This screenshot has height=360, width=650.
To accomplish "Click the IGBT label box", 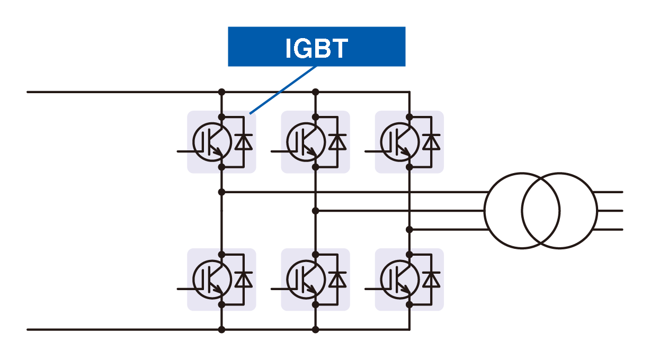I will pyautogui.click(x=316, y=47).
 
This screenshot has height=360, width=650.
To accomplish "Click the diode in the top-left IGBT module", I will pyautogui.click(x=243, y=142).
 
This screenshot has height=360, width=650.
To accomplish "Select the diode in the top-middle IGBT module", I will pyautogui.click(x=337, y=142).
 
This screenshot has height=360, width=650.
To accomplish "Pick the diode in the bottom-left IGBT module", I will pyautogui.click(x=243, y=280).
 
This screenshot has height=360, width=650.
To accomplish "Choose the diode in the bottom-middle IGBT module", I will pyautogui.click(x=337, y=280).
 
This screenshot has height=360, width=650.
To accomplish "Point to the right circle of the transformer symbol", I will pyautogui.click(x=559, y=211).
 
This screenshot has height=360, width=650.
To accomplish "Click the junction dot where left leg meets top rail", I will pyautogui.click(x=222, y=92).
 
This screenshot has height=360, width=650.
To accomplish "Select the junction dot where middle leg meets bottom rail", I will pyautogui.click(x=316, y=329).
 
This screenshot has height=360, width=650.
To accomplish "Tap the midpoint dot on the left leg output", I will pyautogui.click(x=222, y=192).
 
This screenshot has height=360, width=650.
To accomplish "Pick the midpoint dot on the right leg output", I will pyautogui.click(x=409, y=229).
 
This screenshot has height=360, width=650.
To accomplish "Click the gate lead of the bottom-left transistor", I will pyautogui.click(x=185, y=289).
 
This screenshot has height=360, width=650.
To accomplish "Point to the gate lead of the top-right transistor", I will pyautogui.click(x=373, y=151).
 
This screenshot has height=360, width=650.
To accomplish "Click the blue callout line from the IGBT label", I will pyautogui.click(x=283, y=89).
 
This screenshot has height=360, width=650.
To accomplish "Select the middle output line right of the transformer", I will pyautogui.click(x=609, y=211).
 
